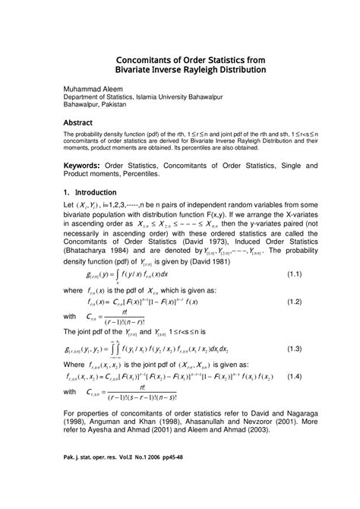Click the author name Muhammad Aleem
(91, 89)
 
